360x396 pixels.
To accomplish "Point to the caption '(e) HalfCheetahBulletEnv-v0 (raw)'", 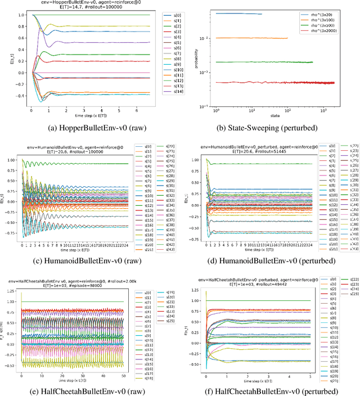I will coord(91,390).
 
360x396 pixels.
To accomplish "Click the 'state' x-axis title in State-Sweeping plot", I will coord(271,115).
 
